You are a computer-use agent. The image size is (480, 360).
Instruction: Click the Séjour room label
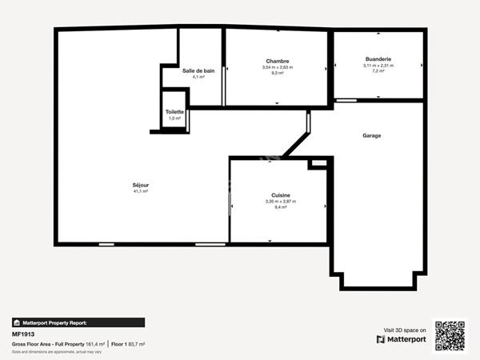141,185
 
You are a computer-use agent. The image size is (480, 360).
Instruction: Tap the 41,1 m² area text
141,191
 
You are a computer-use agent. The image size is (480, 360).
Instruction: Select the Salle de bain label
198,70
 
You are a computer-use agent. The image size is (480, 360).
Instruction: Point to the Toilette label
174,112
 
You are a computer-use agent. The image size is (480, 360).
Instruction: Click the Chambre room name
278,62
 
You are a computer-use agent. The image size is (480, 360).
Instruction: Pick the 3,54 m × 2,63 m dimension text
278,67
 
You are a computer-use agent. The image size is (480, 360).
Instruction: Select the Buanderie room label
378,59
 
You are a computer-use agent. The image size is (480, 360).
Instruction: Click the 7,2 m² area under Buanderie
378,71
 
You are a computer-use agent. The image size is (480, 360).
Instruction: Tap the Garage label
371,135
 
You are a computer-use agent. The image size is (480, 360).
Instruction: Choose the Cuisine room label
280,194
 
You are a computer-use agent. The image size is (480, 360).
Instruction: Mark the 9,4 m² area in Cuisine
280,206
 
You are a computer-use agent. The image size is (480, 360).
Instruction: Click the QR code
449,335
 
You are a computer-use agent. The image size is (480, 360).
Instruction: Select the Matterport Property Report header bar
78,322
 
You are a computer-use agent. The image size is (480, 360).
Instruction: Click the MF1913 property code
22,334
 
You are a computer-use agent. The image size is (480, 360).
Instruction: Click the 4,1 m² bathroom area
198,77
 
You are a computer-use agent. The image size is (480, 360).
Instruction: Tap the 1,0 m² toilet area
174,118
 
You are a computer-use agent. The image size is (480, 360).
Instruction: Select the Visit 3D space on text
405,329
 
